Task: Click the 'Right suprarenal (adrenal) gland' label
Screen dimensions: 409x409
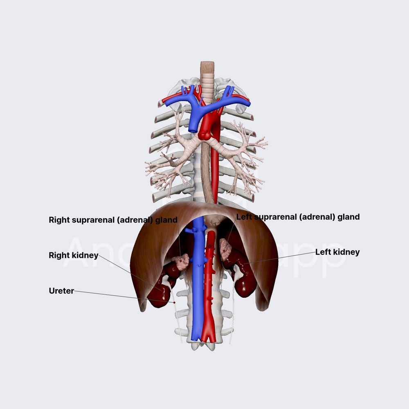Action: point(113,220)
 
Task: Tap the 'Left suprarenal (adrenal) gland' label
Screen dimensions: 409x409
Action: point(298,217)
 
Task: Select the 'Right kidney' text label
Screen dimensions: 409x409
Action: point(74,256)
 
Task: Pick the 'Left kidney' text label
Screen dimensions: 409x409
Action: point(337,252)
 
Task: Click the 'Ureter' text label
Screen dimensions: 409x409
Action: point(61,291)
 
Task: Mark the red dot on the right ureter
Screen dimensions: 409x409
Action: point(175,303)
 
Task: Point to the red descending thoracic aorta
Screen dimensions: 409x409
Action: point(215,172)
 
